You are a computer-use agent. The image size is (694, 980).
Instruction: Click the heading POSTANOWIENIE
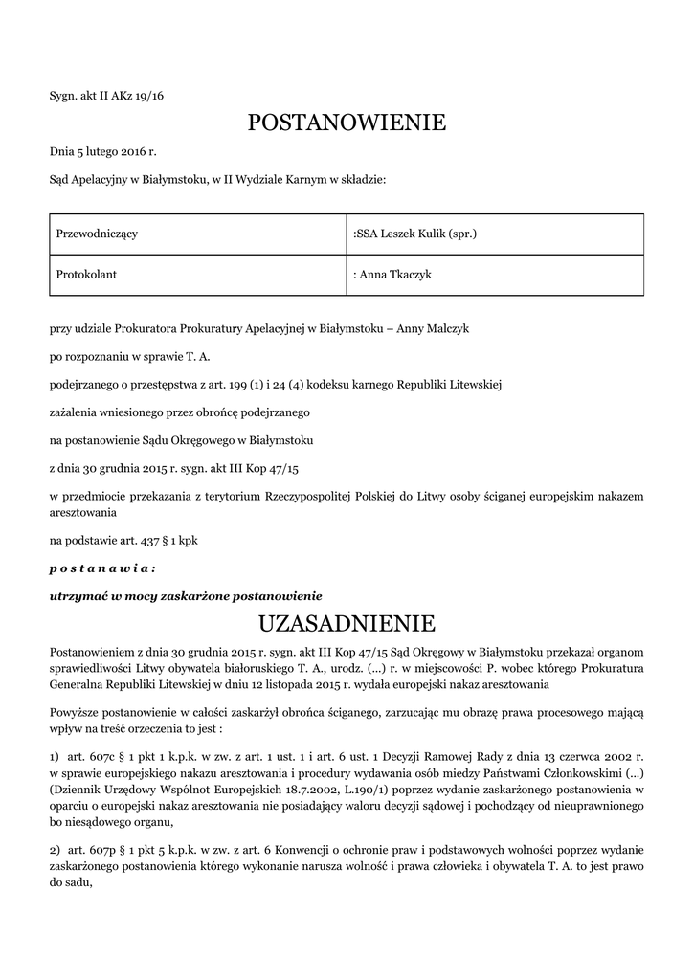[347, 122]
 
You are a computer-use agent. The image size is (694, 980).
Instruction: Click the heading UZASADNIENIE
[347, 625]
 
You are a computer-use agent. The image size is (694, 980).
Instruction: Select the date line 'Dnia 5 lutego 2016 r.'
[102, 151]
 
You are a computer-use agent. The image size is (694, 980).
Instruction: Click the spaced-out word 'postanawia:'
[102, 568]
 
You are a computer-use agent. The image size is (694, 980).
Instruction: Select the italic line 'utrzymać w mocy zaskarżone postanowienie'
[186, 595]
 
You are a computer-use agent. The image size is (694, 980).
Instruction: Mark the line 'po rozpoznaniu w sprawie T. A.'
[129, 357]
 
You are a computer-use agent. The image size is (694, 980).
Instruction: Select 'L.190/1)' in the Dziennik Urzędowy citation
[359, 790]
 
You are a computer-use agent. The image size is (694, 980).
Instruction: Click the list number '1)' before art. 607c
[56, 757]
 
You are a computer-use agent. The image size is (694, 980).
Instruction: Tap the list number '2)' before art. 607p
[56, 851]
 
